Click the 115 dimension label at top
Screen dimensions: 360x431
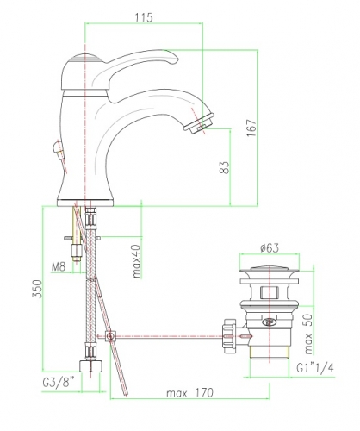pyautogui.click(x=144, y=18)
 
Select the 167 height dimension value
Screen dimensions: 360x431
pyautogui.click(x=251, y=128)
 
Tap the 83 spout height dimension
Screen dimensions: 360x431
pyautogui.click(x=225, y=167)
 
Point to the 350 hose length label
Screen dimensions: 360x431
pyautogui.click(x=37, y=289)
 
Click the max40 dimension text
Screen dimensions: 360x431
pyautogui.click(x=137, y=261)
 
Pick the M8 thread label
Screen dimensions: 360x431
pyautogui.click(x=59, y=267)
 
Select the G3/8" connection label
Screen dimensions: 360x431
pyautogui.click(x=59, y=383)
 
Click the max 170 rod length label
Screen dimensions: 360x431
pyautogui.click(x=189, y=392)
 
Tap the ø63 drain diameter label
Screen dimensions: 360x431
pyautogui.click(x=270, y=247)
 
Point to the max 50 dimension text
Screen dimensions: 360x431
pyautogui.click(x=307, y=334)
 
